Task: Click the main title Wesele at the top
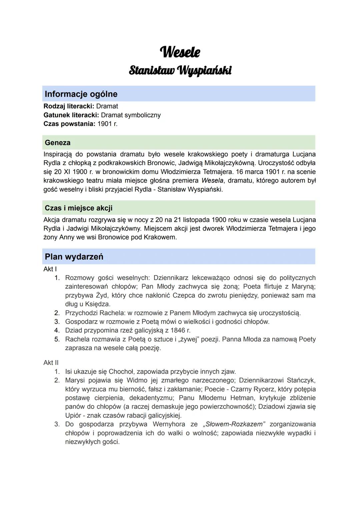(180, 52)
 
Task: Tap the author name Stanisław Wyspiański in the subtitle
(180, 71)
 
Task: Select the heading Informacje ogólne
(81, 94)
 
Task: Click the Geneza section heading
(58, 143)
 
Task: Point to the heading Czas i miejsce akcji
(78, 208)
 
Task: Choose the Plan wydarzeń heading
(74, 257)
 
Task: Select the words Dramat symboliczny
(131, 115)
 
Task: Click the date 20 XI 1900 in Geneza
(73, 172)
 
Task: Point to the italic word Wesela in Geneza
(212, 181)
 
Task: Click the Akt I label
(50, 269)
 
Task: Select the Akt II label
(51, 362)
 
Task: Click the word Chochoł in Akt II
(121, 371)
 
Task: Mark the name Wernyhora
(168, 424)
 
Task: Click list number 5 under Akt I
(57, 339)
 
